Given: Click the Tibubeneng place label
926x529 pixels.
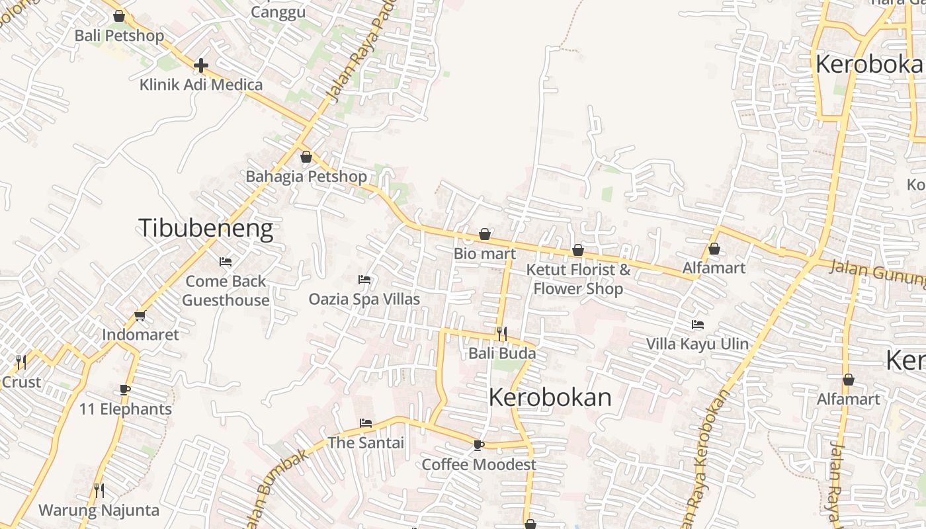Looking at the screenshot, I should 206,228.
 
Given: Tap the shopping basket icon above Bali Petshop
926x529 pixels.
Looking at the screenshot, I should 119,15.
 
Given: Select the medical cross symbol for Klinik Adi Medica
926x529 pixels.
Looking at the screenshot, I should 201,65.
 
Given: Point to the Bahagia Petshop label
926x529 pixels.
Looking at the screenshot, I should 306,177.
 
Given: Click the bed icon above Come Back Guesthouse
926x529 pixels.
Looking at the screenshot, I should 226,262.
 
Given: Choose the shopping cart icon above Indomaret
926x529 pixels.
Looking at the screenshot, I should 140,316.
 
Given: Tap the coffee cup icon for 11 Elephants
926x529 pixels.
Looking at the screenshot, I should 125,390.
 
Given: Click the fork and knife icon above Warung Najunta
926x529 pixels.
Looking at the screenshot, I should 99,491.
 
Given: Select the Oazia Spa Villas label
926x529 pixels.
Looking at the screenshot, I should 364,299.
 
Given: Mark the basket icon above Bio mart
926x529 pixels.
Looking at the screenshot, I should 485,235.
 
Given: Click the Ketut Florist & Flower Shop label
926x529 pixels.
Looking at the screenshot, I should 578,279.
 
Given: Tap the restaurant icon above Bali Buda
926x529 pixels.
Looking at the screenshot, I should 502,333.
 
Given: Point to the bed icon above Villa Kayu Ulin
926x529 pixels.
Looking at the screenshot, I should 697,325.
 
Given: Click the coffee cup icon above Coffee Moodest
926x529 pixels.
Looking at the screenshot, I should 479,446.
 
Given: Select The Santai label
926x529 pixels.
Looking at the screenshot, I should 366,442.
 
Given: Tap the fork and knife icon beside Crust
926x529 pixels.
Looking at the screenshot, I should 21,362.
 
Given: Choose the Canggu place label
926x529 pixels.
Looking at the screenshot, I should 278,12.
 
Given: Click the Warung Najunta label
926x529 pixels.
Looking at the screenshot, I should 99,510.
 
